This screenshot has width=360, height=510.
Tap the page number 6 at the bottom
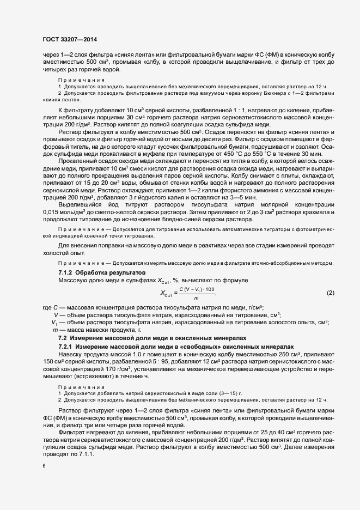43,466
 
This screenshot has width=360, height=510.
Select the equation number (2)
330,293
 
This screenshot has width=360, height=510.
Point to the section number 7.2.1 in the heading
66,347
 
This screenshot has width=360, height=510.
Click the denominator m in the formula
196,297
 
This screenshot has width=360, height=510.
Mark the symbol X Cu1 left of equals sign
166,294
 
